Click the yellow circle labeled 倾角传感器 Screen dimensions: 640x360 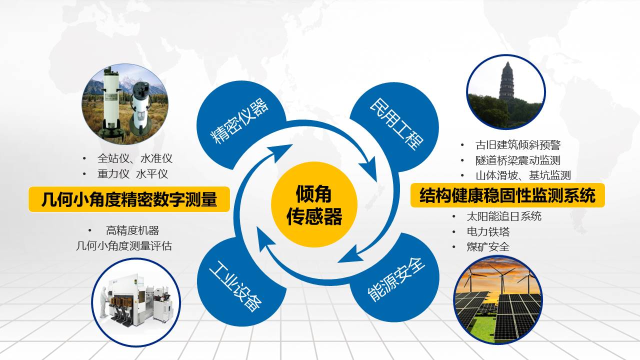314,204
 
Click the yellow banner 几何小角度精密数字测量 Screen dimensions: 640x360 129,199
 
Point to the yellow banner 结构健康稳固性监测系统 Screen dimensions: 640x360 507,195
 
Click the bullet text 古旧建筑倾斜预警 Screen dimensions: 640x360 518,145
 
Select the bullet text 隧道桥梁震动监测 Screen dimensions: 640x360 517,160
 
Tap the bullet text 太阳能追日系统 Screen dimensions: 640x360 504,216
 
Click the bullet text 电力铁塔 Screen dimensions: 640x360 488,231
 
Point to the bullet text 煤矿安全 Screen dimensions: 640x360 488,246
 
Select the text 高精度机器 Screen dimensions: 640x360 132,230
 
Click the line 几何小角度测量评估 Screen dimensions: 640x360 124,245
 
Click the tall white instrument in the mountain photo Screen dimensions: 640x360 111,103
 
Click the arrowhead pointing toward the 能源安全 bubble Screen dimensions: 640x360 350,255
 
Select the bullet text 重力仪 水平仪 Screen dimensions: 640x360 132,174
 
